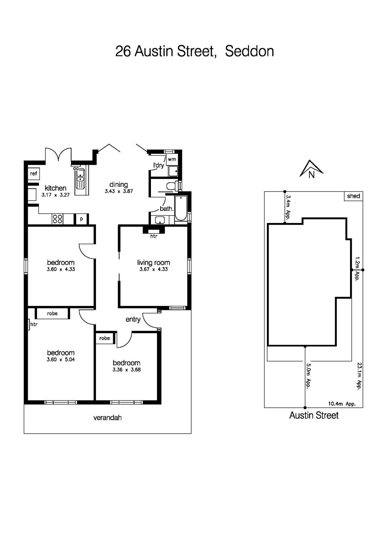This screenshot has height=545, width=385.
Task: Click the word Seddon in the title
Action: tap(249, 51)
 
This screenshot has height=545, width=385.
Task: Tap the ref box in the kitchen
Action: tap(34, 174)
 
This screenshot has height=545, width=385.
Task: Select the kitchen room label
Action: tap(55, 188)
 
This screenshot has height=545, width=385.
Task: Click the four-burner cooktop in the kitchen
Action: tap(57, 219)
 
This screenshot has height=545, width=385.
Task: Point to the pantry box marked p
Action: tap(81, 219)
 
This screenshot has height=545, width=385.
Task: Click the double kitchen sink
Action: tap(80, 178)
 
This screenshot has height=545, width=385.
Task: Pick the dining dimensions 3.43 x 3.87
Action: tap(118, 191)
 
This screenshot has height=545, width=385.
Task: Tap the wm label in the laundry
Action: tap(172, 159)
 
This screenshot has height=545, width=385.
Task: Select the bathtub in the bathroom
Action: tap(181, 208)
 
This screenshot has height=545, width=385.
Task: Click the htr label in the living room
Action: tap(153, 236)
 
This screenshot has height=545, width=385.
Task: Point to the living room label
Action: tap(153, 263)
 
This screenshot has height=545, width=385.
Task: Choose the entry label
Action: tap(133, 319)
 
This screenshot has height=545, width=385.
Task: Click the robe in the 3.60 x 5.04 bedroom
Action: tap(52, 314)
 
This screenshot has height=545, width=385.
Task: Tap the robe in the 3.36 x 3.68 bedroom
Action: tap(105, 338)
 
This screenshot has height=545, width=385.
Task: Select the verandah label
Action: tap(107, 418)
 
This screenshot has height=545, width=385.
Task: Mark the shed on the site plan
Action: tap(353, 196)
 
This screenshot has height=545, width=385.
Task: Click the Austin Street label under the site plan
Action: tap(314, 415)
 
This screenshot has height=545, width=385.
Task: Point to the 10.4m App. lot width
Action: tap(341, 404)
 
